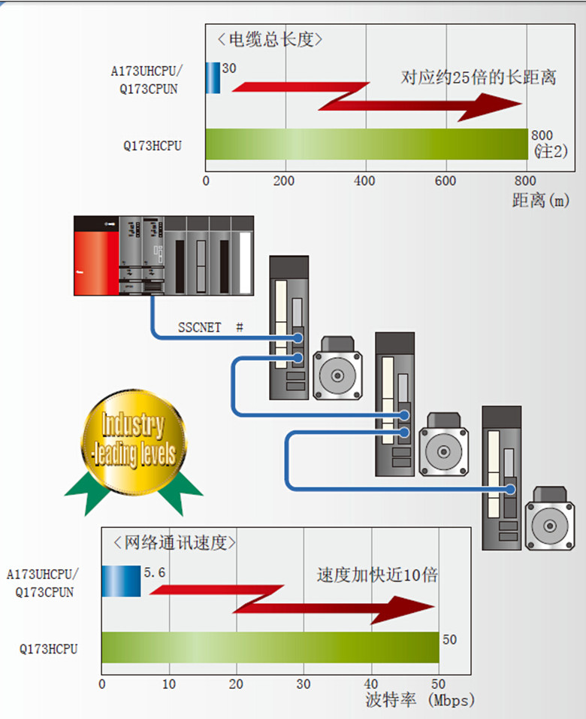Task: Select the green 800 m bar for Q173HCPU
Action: pos(366,144)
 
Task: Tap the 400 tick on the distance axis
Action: pos(365,181)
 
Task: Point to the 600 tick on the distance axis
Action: pos(446,181)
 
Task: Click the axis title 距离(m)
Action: pos(540,201)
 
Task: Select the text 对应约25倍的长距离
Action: pos(478,77)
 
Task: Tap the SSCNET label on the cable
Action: pos(199,327)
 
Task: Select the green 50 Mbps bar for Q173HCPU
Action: pos(270,648)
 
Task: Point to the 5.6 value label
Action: pos(154,573)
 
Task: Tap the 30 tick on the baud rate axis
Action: pos(303,684)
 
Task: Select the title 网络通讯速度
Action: pos(174,542)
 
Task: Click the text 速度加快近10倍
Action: pos(376,575)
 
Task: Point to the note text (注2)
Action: pos(550,151)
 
